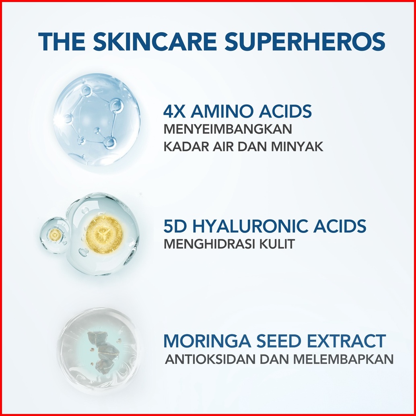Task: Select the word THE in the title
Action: coord(62,41)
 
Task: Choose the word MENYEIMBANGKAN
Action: coord(228,129)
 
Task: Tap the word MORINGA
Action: coord(207,341)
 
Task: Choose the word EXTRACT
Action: coord(346,341)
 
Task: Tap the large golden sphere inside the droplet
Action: coord(104,234)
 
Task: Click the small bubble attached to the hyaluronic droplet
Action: coord(55,235)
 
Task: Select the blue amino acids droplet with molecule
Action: coord(97,120)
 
